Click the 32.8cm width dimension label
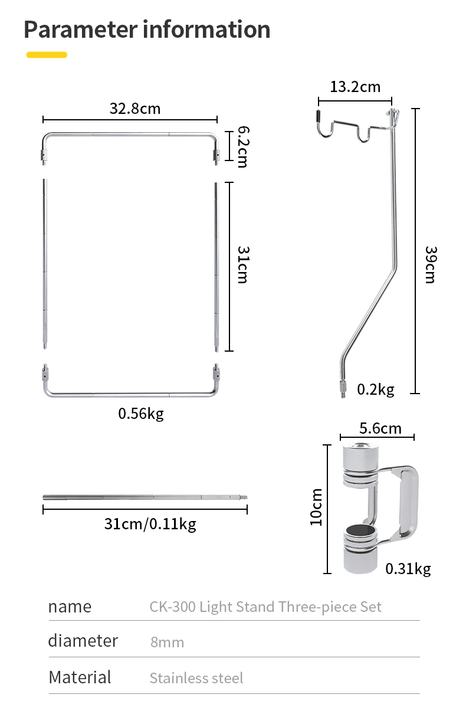(x=134, y=109)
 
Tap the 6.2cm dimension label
(x=243, y=146)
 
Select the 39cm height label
(x=431, y=265)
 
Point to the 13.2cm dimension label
(x=355, y=87)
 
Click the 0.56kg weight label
(x=141, y=414)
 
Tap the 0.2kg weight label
(x=376, y=390)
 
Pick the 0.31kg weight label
(x=408, y=569)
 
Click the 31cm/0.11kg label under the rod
(x=150, y=524)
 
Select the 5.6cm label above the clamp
(x=380, y=428)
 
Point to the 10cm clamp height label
(x=316, y=507)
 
